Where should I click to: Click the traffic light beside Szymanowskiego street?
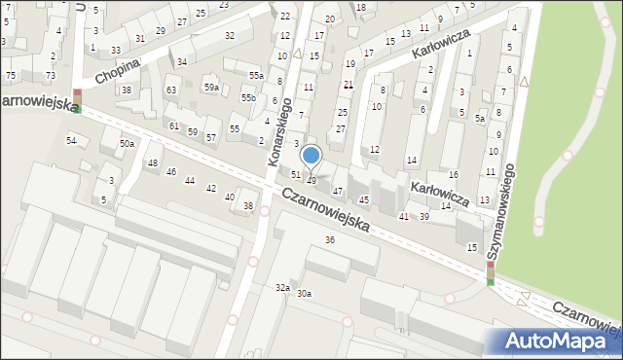pyautogui.click(x=490, y=273)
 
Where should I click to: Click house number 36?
pyautogui.click(x=330, y=239)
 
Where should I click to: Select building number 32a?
pyautogui.click(x=282, y=287)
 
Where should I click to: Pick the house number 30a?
pyautogui.click(x=305, y=293)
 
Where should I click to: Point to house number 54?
pyautogui.click(x=71, y=141)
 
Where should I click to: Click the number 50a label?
pyautogui.click(x=127, y=144)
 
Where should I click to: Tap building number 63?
pyautogui.click(x=170, y=90)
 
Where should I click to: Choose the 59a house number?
pyautogui.click(x=211, y=88)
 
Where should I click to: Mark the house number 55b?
pyautogui.click(x=248, y=98)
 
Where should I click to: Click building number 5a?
pyautogui.click(x=479, y=118)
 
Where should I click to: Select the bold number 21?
pyautogui.click(x=348, y=85)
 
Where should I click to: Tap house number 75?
pyautogui.click(x=11, y=75)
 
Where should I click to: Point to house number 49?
pyautogui.click(x=311, y=180)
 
